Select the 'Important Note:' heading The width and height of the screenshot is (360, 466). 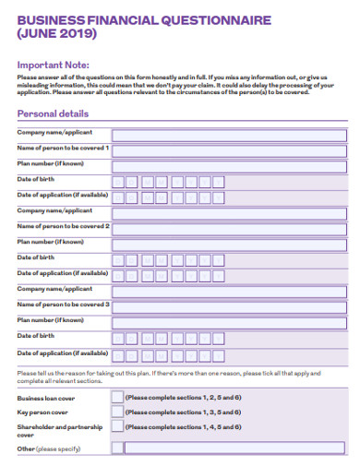pos(53,65)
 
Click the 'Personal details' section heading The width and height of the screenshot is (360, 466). pos(54,114)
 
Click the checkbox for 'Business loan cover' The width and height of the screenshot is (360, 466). pos(116,397)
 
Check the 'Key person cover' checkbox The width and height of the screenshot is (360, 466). pos(116,412)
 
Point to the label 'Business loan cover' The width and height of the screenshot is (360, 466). pos(45,397)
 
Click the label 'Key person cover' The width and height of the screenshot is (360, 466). pos(42,412)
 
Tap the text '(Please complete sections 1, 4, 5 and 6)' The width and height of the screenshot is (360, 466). pos(184,427)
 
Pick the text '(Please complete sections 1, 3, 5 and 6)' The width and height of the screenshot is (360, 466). pos(184,412)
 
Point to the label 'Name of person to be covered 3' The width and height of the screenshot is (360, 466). pos(64,305)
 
